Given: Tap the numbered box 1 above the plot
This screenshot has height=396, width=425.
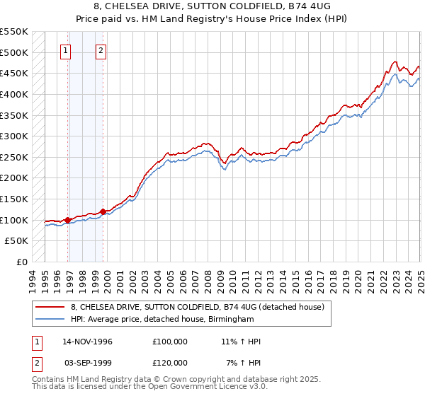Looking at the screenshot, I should click(65, 50).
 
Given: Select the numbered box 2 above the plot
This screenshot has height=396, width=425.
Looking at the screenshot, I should click(101, 50).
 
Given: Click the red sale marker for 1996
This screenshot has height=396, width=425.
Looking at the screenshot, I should click(68, 220).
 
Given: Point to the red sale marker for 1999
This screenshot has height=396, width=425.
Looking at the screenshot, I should click(103, 211).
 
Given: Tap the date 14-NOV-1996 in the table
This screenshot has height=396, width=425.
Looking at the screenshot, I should click(88, 342).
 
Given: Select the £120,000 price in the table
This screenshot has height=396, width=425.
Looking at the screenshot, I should click(170, 363).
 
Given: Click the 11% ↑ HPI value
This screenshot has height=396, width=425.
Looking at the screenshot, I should click(241, 342).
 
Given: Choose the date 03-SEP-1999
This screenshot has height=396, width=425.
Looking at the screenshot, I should click(88, 363).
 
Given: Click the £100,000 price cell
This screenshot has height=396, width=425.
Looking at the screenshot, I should click(170, 342).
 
